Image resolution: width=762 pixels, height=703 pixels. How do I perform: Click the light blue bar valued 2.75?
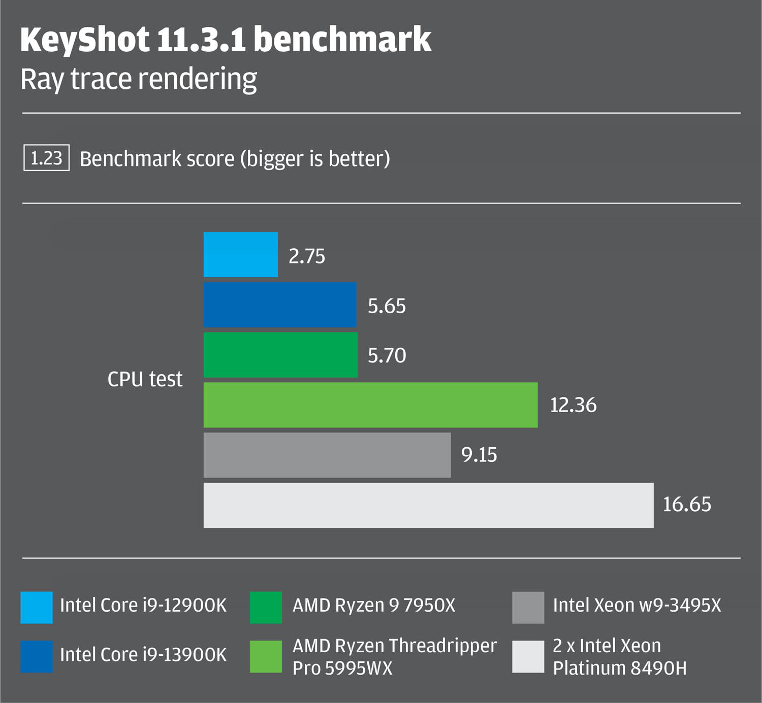(241, 255)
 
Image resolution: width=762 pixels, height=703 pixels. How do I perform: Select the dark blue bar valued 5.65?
(280, 305)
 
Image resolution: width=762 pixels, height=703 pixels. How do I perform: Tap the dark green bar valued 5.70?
(280, 355)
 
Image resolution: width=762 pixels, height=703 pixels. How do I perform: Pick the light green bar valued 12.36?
(370, 405)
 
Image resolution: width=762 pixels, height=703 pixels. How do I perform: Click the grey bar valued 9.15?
(327, 455)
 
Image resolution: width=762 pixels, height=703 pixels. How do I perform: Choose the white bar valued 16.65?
(428, 505)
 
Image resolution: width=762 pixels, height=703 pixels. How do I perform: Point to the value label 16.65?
(687, 505)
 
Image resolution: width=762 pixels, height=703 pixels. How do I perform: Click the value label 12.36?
(573, 405)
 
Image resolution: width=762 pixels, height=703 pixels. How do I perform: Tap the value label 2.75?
(306, 256)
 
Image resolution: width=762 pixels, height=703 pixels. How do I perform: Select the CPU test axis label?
(145, 379)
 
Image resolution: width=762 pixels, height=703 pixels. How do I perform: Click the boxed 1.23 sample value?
(46, 158)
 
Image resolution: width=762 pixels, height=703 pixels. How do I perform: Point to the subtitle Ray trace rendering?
(139, 80)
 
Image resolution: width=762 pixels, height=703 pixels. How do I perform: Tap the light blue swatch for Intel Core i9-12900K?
(36, 607)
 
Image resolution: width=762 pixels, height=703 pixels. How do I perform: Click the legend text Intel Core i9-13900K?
(143, 655)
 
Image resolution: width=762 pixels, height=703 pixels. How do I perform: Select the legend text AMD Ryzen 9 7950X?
(374, 605)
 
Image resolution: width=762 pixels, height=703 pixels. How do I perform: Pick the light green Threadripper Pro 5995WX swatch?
(266, 657)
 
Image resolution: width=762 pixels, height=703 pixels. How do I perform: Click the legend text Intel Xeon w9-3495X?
(637, 605)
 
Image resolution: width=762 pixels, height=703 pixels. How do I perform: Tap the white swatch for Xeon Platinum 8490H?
(528, 657)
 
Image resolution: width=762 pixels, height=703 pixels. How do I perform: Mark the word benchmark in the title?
(342, 40)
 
